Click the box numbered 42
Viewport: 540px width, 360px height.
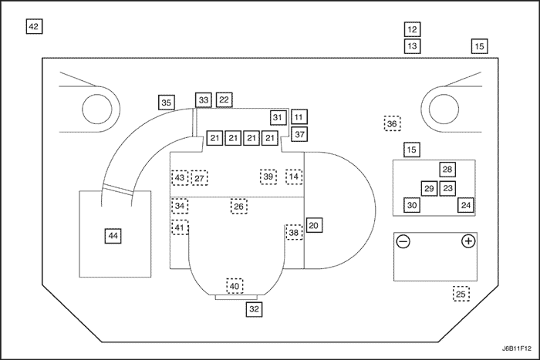(x=33, y=26)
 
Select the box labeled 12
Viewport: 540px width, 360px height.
(x=412, y=30)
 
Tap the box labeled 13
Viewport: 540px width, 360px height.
(x=412, y=46)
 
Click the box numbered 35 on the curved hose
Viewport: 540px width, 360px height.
(x=167, y=102)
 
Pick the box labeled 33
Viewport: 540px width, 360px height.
(x=204, y=100)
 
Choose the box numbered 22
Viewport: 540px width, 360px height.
(x=224, y=100)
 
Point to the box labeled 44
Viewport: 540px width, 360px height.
(x=113, y=235)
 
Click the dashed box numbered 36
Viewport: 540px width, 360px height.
(x=392, y=123)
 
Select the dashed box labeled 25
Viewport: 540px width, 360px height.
(x=461, y=294)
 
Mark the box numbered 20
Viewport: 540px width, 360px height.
(x=313, y=225)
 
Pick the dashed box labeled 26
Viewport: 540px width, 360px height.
(x=239, y=207)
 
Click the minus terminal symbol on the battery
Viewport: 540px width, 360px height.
(x=403, y=242)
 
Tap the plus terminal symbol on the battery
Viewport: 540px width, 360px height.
(x=467, y=242)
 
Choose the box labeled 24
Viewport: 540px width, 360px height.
(x=466, y=205)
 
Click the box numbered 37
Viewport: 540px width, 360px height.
(x=300, y=133)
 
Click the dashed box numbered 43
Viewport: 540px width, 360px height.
(x=179, y=177)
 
